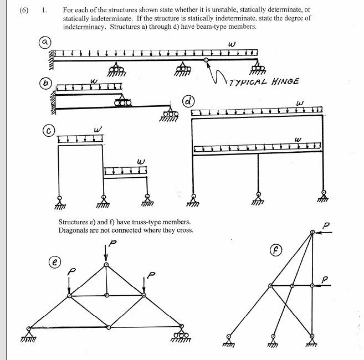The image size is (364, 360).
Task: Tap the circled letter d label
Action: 189,101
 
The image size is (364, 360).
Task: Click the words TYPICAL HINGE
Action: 264,81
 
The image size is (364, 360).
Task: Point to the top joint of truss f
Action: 312,233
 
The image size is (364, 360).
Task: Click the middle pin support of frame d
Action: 258,197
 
